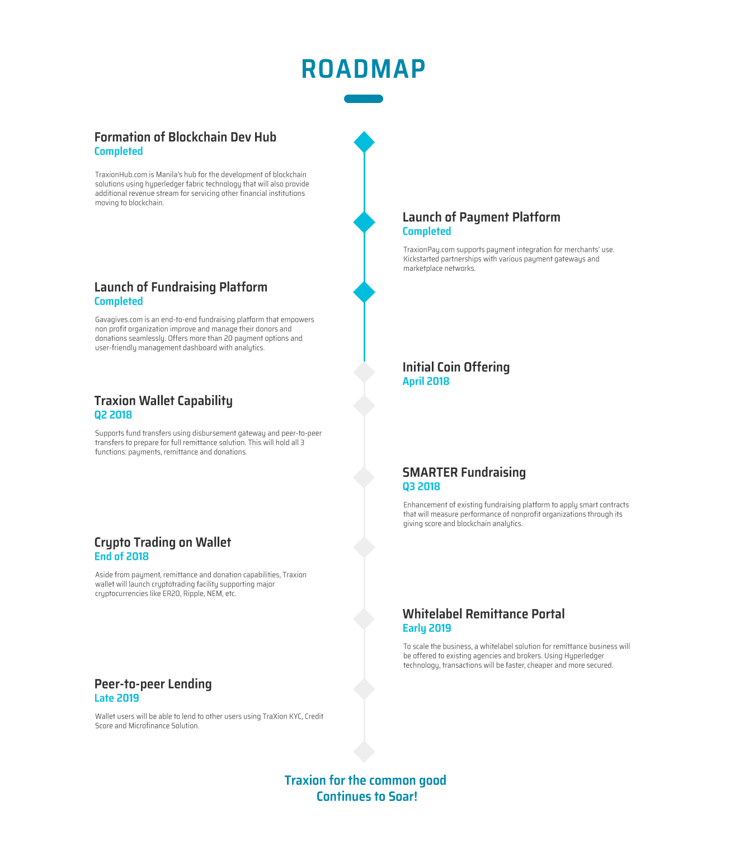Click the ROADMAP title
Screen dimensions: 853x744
tap(363, 69)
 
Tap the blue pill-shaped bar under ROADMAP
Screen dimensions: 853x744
tap(363, 99)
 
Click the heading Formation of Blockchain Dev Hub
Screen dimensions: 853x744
tap(185, 137)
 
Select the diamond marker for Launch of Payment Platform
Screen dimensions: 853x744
tap(364, 222)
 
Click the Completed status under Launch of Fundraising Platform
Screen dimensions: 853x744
tap(119, 301)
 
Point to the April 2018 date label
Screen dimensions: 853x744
tap(426, 381)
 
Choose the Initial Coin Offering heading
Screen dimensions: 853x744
tap(456, 367)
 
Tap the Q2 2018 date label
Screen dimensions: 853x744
tap(113, 415)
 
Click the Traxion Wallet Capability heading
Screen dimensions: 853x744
tap(163, 401)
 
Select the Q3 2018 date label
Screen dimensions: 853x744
tap(421, 486)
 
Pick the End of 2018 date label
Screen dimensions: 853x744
tap(121, 556)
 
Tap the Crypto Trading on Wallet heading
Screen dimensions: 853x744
tap(163, 542)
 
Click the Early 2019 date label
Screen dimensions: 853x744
tap(427, 628)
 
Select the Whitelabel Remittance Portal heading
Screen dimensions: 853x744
tap(483, 614)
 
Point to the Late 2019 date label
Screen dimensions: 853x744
tap(116, 698)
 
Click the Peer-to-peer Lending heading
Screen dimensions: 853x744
tap(153, 684)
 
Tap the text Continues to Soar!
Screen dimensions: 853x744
tap(366, 796)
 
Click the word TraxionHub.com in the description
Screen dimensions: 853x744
tap(121, 175)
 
